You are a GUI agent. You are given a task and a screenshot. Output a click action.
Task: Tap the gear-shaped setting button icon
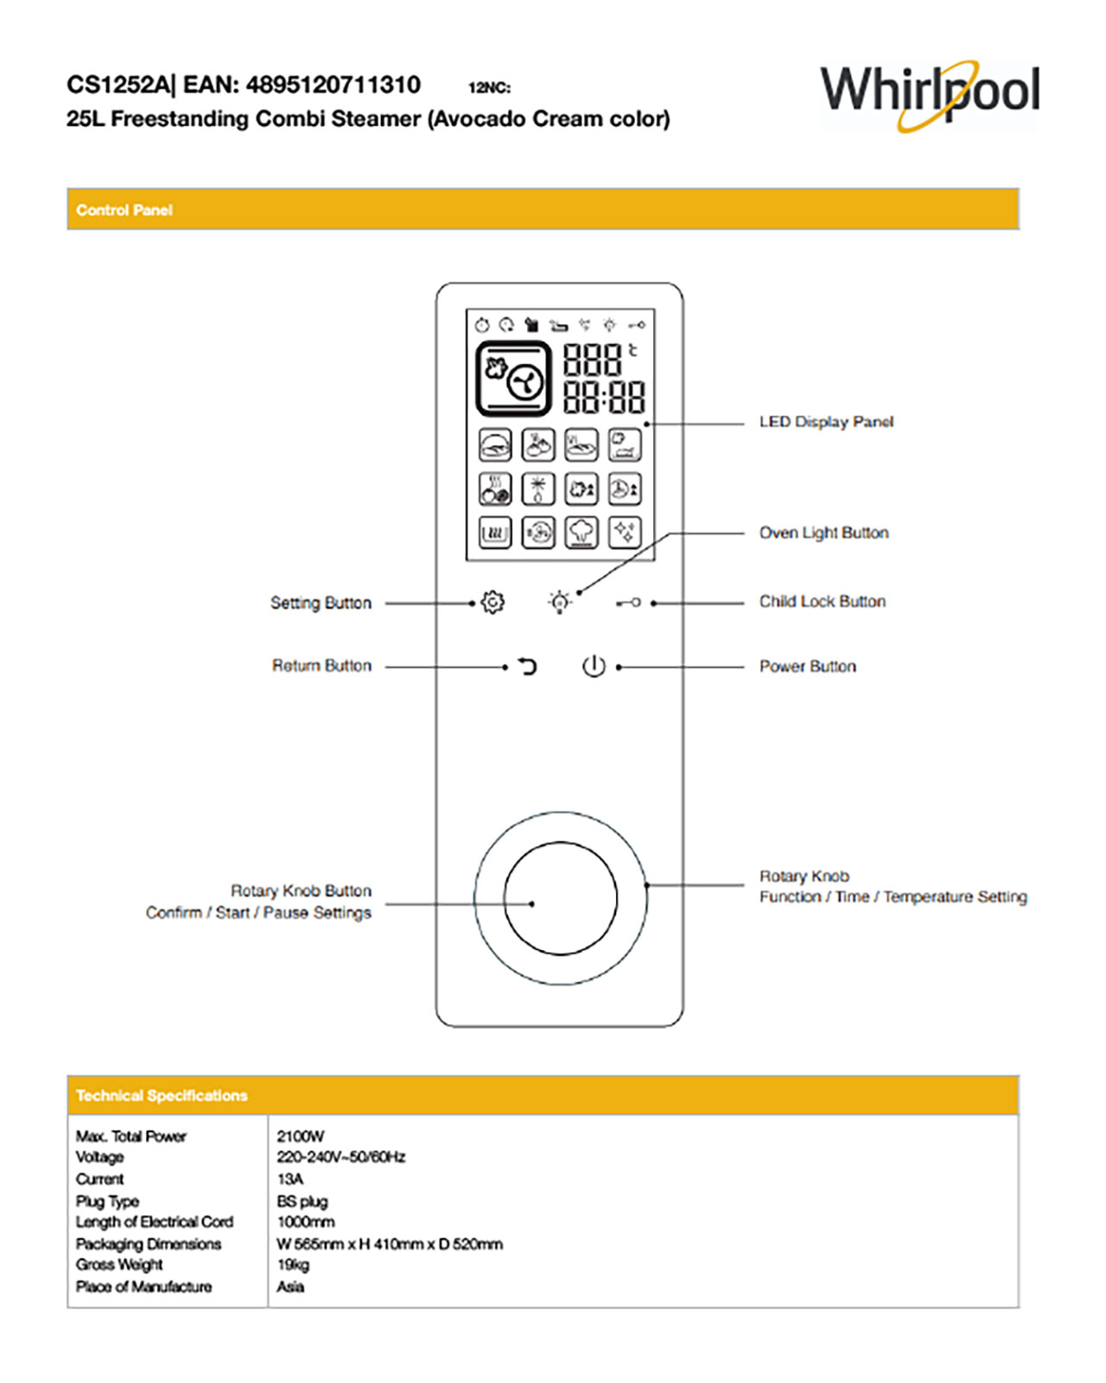[x=493, y=602]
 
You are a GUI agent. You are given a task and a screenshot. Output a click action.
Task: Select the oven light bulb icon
[x=560, y=602]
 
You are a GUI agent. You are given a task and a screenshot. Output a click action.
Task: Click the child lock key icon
[x=629, y=602]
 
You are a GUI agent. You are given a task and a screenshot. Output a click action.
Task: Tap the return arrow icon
[x=526, y=666]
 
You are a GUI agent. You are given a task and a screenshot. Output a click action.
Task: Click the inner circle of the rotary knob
[x=560, y=899]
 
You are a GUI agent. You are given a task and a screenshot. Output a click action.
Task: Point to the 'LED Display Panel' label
[x=826, y=422]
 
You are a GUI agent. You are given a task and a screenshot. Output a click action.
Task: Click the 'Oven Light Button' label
[x=823, y=532]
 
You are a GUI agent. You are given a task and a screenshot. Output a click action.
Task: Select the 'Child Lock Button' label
[x=822, y=602]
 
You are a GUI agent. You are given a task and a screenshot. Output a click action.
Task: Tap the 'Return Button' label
[x=321, y=666]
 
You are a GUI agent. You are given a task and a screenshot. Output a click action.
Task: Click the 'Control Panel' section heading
[x=124, y=210]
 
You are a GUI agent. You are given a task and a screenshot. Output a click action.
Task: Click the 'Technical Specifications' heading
[x=162, y=1095]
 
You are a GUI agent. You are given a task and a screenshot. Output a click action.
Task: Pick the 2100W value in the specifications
[x=301, y=1136]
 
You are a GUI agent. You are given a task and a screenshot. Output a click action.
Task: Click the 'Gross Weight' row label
[x=119, y=1265]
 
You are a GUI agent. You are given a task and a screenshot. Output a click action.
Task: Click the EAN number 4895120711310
[x=334, y=85]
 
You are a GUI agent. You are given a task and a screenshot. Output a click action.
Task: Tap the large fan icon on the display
[x=513, y=379]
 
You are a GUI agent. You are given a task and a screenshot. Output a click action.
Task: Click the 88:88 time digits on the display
[x=604, y=398]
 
